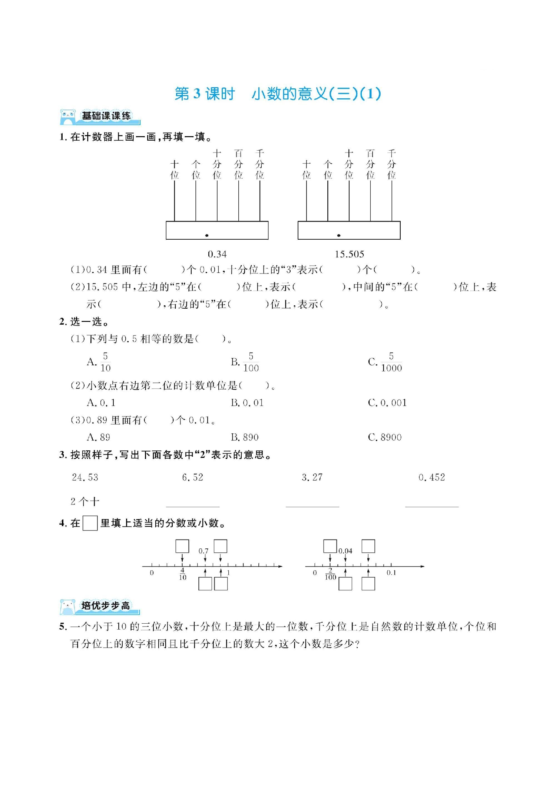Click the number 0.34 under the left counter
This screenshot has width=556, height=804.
coord(217,254)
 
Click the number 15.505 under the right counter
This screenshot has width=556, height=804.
coord(349,254)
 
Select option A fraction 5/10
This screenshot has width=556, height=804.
coord(99,362)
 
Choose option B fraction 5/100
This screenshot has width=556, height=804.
coord(245,362)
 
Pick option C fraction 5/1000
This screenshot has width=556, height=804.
coord(385,362)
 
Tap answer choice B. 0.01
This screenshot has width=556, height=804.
coord(247,403)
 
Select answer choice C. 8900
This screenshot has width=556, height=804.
coord(385,437)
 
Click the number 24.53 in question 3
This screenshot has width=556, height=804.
coord(85,478)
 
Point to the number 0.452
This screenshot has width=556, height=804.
coord(432,478)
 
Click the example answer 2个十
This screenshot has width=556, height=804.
coord(85,502)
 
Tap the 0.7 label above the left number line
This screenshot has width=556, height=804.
coord(203,551)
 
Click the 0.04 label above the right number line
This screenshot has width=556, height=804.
coord(345,551)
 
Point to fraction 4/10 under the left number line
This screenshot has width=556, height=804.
coord(182,574)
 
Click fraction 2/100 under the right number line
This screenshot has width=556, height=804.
coord(330,574)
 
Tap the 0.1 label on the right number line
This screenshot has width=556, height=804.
coord(391,573)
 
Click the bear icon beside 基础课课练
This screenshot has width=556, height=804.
coord(68,117)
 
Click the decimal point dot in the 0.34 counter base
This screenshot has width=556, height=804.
coord(207,235)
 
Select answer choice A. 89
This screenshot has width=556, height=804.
coord(99,437)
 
